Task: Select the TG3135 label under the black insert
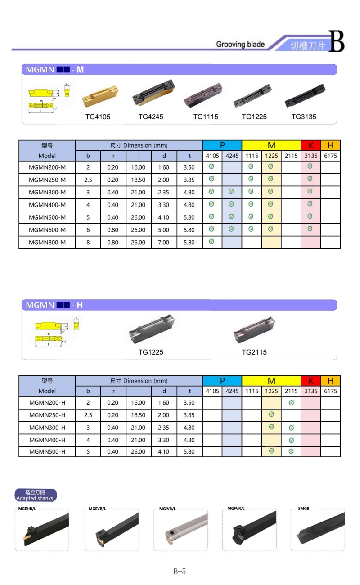[x=304, y=117]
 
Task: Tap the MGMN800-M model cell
[x=47, y=242]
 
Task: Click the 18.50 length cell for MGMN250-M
[x=139, y=180]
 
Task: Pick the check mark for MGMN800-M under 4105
[x=212, y=242]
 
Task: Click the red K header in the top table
[x=310, y=145]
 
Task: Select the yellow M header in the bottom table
[x=271, y=381]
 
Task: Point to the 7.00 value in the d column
[x=164, y=242]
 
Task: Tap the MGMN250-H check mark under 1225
[x=271, y=414]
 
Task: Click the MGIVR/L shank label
[x=167, y=508]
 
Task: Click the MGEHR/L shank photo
[x=42, y=531]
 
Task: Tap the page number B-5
[x=180, y=571]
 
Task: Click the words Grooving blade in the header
[x=240, y=44]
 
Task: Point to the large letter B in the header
[x=336, y=41]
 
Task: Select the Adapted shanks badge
[x=35, y=495]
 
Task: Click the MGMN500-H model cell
[x=47, y=451]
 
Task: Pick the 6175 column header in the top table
[x=330, y=156]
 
